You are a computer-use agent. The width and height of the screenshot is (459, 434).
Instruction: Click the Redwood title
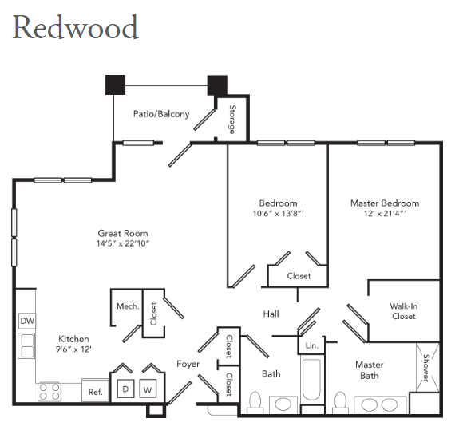[75, 27]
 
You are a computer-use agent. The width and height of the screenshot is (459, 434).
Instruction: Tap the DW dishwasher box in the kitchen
[27, 321]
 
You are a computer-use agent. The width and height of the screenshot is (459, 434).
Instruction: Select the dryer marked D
[125, 389]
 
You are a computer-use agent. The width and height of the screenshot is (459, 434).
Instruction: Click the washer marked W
[148, 389]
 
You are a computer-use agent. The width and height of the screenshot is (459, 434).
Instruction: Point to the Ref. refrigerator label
[96, 392]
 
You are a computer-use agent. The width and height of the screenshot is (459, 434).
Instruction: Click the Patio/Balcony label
[161, 114]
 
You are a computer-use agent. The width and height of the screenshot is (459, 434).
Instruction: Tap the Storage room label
[232, 120]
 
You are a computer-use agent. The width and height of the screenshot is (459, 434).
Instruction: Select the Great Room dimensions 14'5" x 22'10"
[123, 243]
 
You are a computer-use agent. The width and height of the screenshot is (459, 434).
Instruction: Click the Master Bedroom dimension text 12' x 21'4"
[385, 213]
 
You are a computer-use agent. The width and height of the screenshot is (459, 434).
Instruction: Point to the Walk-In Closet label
[404, 311]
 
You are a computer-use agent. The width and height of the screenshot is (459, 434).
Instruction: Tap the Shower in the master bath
[428, 367]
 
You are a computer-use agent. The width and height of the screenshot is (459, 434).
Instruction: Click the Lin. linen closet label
[311, 345]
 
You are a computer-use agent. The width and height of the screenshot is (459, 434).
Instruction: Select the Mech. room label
[128, 306]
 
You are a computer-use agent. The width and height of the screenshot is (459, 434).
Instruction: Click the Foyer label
[188, 364]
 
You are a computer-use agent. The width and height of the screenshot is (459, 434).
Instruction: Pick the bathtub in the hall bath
[312, 379]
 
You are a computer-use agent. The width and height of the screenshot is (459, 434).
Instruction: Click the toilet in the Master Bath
[340, 402]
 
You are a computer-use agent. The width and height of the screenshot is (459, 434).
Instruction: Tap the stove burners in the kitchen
[49, 392]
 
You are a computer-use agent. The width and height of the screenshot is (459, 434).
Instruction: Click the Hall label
[271, 314]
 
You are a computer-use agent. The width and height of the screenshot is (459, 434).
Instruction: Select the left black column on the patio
[115, 85]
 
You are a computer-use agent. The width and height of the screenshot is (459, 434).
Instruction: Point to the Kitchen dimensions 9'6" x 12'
[73, 349]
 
